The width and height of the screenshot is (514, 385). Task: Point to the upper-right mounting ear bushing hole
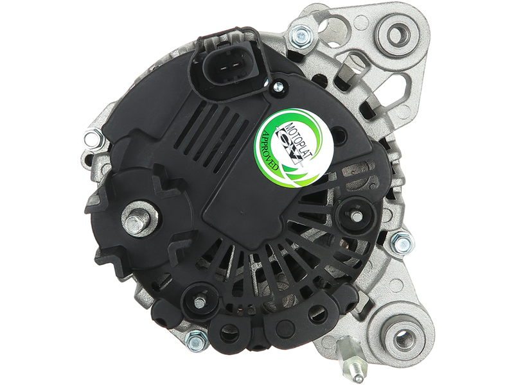[399, 32]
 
